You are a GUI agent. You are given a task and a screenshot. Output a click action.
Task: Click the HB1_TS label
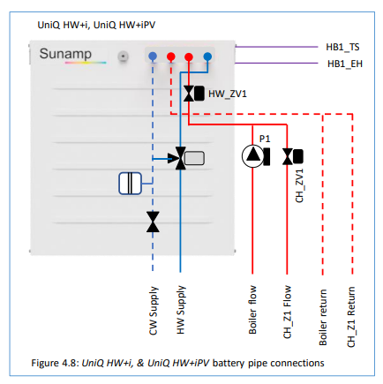pyautogui.click(x=342, y=47)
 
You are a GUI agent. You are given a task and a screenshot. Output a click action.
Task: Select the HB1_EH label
pyautogui.click(x=345, y=64)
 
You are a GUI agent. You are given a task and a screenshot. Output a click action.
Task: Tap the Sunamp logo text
pyautogui.click(x=65, y=54)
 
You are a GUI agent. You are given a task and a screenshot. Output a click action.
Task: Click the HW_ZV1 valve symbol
pyautogui.click(x=194, y=94)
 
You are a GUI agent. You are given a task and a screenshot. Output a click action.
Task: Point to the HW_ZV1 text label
pyautogui.click(x=228, y=94)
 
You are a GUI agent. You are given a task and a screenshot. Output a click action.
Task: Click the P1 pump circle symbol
pyautogui.click(x=252, y=156)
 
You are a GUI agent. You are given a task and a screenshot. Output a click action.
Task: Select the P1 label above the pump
pyautogui.click(x=265, y=139)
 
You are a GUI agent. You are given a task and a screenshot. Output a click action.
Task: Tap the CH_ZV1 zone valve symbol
pyautogui.click(x=293, y=156)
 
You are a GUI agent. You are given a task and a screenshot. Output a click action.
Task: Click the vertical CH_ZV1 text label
pyautogui.click(x=299, y=185)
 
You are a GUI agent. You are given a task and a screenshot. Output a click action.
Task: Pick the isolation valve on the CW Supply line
pyautogui.click(x=153, y=222)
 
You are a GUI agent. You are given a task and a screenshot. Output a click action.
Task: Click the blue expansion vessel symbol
pyautogui.click(x=130, y=184)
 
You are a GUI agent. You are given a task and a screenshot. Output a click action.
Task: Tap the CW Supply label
pyautogui.click(x=154, y=311)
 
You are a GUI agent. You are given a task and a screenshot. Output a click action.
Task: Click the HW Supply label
pyautogui.click(x=181, y=310)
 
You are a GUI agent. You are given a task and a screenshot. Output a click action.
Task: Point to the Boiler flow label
pyautogui.click(x=252, y=310)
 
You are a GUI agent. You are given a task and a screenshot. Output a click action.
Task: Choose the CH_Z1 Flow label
pyautogui.click(x=287, y=312)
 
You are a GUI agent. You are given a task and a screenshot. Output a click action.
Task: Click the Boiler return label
pyautogui.click(x=323, y=317)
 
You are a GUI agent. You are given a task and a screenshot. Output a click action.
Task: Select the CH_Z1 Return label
pyautogui.click(x=351, y=317)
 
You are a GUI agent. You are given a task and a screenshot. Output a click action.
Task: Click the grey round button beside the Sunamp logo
pyautogui.click(x=124, y=56)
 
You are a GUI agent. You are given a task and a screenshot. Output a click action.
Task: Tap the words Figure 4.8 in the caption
pyautogui.click(x=55, y=363)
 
